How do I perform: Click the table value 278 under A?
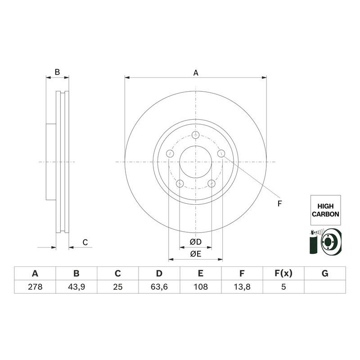[x=35, y=287]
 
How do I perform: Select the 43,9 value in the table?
[x=76, y=287]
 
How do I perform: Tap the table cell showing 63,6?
[x=159, y=287]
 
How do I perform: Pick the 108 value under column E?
[x=201, y=287]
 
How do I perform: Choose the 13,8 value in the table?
[x=242, y=287]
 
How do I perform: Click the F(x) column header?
[x=283, y=274]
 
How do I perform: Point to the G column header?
[x=325, y=274]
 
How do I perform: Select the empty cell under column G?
[x=325, y=287]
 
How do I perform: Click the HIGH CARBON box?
[x=325, y=210]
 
